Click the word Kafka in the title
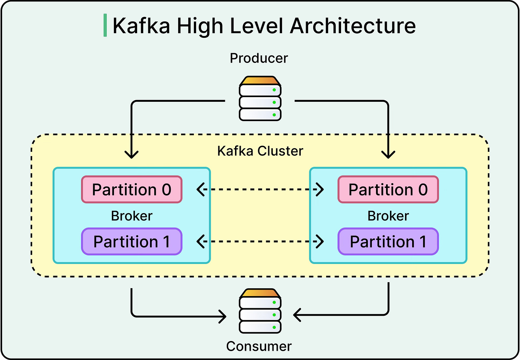(x=141, y=26)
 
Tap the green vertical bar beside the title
(x=105, y=25)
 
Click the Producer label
(x=259, y=58)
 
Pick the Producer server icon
(x=260, y=98)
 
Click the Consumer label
(x=259, y=346)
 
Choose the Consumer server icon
(x=260, y=311)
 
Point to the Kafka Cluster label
(x=260, y=151)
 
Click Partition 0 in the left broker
(x=132, y=190)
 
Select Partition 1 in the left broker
(x=132, y=242)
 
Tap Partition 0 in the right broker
(x=388, y=190)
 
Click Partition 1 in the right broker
(x=388, y=242)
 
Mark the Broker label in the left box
(x=132, y=216)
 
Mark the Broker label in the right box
(x=388, y=216)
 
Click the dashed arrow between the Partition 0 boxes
(x=260, y=190)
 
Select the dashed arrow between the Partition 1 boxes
(x=260, y=242)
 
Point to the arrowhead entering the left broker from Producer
(x=132, y=155)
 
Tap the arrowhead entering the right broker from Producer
(x=388, y=155)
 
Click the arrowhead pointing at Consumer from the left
(x=222, y=316)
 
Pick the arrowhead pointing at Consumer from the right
(x=297, y=315)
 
